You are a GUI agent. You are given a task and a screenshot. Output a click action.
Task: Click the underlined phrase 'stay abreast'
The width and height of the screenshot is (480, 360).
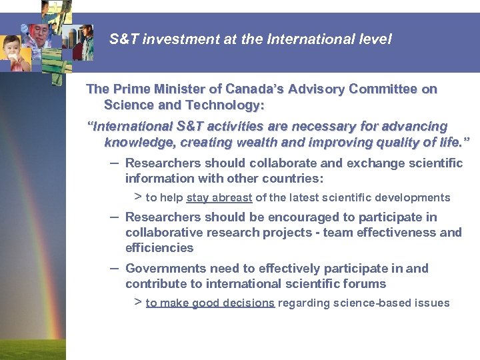(219, 198)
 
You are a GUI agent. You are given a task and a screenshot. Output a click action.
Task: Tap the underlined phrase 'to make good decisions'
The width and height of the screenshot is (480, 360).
(210, 303)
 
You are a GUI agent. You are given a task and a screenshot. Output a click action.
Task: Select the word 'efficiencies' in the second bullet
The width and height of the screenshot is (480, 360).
(159, 248)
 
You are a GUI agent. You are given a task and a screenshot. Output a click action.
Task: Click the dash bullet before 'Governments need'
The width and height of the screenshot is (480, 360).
(113, 267)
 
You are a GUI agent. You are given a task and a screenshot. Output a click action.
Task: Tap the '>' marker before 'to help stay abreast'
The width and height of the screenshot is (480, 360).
(138, 197)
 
